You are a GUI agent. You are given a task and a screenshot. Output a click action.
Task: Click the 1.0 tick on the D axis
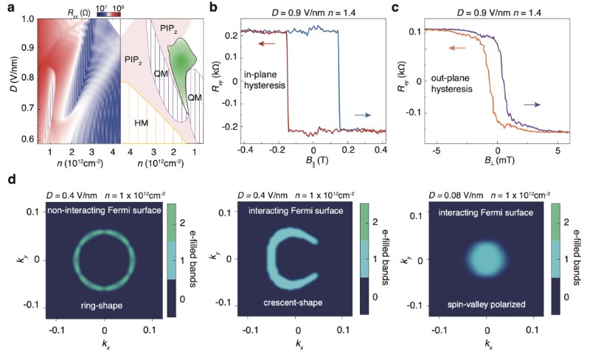point(24,19)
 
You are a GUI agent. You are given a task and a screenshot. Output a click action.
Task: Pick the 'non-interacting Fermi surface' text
point(104,212)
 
